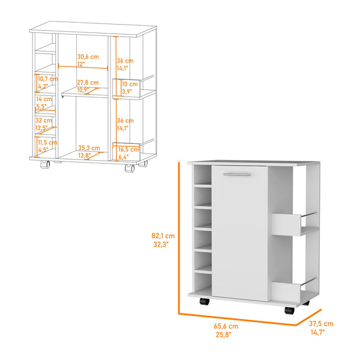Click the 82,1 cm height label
(163, 236)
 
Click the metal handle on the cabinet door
(236, 174)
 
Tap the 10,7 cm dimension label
(47, 79)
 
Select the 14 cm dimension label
(43, 99)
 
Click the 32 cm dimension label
(43, 119)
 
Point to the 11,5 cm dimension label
(44, 142)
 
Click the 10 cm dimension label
(130, 85)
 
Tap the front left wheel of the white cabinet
(203, 302)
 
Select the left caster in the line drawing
(43, 164)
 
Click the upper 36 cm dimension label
(125, 61)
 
